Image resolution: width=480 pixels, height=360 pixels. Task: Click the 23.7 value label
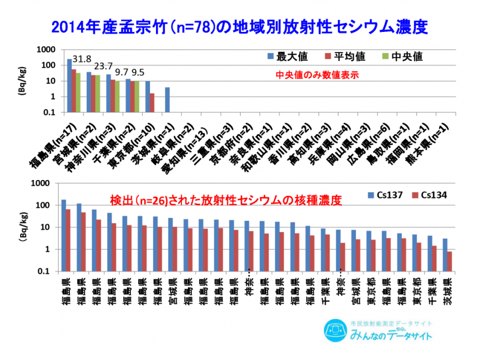coord(104,65)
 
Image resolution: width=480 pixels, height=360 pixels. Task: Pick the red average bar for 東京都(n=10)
coord(152,103)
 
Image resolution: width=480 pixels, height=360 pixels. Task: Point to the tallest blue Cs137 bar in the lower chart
coord(64,235)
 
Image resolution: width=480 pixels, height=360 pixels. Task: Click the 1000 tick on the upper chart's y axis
coord(48,50)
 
